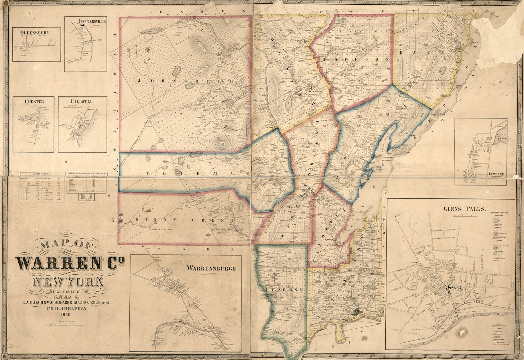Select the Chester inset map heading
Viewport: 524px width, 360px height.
(35, 102)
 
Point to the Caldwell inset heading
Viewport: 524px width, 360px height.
(82, 102)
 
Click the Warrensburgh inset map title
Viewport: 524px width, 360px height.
(211, 268)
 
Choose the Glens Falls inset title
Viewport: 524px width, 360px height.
(465, 208)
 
